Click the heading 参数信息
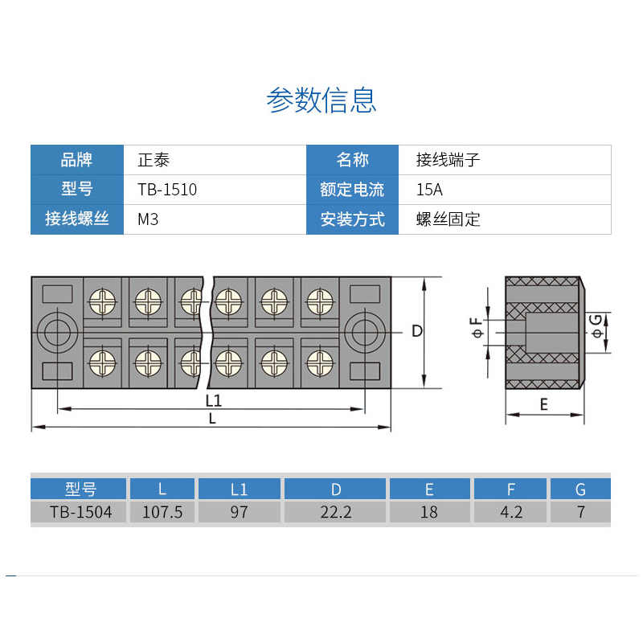(x=321, y=100)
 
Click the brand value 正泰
(x=154, y=160)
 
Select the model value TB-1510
(x=167, y=190)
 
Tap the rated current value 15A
(x=429, y=190)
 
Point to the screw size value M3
(x=148, y=219)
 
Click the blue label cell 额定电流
(x=352, y=190)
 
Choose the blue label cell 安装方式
(x=352, y=219)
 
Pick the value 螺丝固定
(x=448, y=219)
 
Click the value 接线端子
(x=448, y=160)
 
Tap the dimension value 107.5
(x=162, y=512)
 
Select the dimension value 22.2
(x=336, y=512)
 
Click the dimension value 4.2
(x=511, y=512)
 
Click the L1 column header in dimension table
(x=239, y=489)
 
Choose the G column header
(x=580, y=489)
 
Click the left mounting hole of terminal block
(x=56, y=332)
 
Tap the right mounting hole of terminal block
(x=366, y=332)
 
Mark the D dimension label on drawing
(x=416, y=331)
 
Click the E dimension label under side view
(x=543, y=404)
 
